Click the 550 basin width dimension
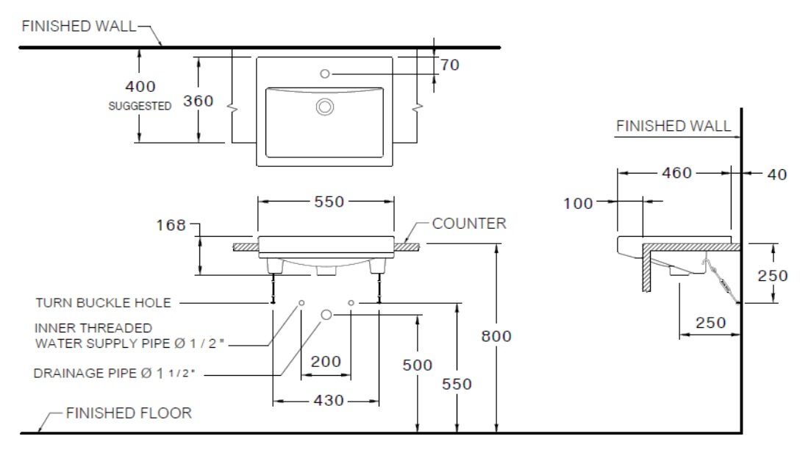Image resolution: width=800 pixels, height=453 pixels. (x=329, y=201)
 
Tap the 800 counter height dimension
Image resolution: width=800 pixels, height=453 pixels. (x=496, y=336)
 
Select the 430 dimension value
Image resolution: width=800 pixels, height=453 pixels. (x=329, y=401)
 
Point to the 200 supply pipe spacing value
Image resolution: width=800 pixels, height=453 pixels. (x=326, y=361)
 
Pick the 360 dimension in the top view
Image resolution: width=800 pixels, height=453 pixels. (x=198, y=101)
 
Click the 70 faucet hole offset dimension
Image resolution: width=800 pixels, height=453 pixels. (x=450, y=65)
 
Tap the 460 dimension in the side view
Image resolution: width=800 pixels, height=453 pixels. (x=676, y=173)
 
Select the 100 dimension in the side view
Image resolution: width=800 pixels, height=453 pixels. (x=579, y=204)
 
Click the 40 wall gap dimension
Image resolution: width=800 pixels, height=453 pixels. (x=777, y=174)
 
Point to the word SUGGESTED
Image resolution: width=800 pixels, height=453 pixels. (x=140, y=106)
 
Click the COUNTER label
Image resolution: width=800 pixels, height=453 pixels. (x=469, y=224)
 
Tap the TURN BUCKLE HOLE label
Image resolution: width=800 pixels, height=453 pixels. (x=103, y=302)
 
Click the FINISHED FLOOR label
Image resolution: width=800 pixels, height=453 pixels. (x=129, y=413)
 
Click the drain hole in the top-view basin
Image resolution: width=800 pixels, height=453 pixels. (x=325, y=107)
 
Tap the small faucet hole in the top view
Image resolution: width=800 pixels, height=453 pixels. (x=326, y=74)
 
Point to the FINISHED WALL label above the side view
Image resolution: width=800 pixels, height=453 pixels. (x=674, y=126)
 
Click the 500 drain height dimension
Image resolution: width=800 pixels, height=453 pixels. (x=417, y=365)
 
